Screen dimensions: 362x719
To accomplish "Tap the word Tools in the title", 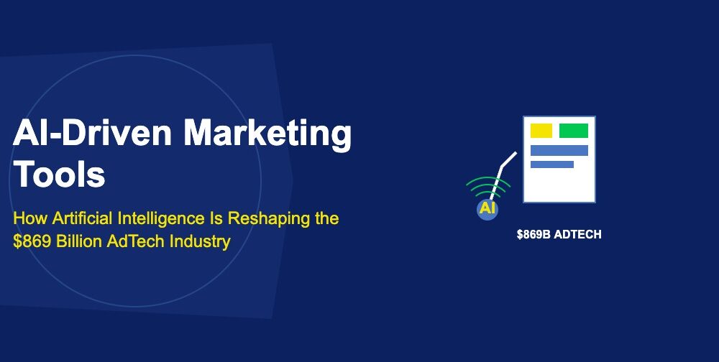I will (x=60, y=175).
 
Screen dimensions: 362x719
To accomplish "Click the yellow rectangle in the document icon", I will (x=541, y=131).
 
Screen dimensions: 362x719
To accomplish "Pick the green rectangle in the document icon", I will (x=573, y=131).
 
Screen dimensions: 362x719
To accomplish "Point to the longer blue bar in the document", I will (x=559, y=150).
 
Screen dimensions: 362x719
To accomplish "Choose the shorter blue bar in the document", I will (x=551, y=164).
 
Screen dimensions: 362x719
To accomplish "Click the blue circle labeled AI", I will (x=487, y=209).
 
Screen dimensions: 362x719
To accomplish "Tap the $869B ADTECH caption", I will (x=559, y=234).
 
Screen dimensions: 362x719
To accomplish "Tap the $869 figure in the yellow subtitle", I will (x=31, y=241).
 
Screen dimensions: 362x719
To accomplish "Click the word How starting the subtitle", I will (x=27, y=218).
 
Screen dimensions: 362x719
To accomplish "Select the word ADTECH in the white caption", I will (x=577, y=234).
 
